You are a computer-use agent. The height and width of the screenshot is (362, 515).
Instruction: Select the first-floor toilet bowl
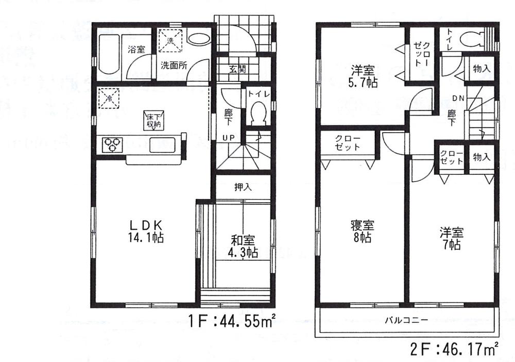(257, 113)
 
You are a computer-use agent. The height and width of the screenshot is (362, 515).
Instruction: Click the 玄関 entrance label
(238, 68)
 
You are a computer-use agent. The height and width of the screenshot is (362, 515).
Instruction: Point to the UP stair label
(229, 138)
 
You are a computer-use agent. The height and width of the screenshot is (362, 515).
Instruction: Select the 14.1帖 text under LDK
(146, 238)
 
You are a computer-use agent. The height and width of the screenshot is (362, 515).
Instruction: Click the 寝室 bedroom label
(363, 226)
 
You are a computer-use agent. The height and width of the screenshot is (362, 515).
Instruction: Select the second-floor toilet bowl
(471, 38)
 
